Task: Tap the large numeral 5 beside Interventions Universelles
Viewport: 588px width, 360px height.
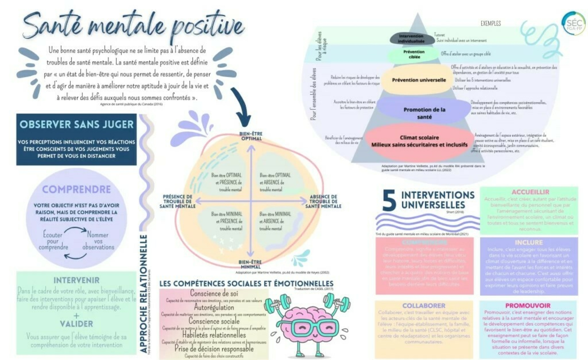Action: (x=389, y=201)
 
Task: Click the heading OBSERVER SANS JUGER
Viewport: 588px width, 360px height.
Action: (x=77, y=124)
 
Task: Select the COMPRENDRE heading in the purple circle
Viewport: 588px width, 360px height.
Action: (x=76, y=189)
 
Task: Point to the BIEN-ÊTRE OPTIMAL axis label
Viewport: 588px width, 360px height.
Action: (x=251, y=136)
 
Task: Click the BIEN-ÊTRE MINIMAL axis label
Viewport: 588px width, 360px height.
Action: (x=250, y=264)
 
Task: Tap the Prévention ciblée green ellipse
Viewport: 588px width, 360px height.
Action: (x=414, y=54)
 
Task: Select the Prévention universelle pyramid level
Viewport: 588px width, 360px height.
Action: (x=419, y=80)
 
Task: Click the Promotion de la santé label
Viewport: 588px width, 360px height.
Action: (x=424, y=113)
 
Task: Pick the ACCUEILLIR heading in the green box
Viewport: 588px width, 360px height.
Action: (x=530, y=192)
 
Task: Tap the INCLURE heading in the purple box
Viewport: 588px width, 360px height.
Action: (x=529, y=243)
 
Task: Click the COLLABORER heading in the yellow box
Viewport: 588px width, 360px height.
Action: (x=424, y=306)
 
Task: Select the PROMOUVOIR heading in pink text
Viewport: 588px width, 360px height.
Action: (x=528, y=306)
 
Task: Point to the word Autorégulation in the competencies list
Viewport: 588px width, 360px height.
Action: (x=214, y=307)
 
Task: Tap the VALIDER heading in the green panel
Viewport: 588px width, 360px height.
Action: (x=76, y=324)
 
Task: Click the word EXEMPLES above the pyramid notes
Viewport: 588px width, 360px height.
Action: (x=491, y=24)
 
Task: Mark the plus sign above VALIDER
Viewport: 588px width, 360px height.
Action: (x=76, y=316)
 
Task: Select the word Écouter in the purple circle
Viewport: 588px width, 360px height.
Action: (x=53, y=235)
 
